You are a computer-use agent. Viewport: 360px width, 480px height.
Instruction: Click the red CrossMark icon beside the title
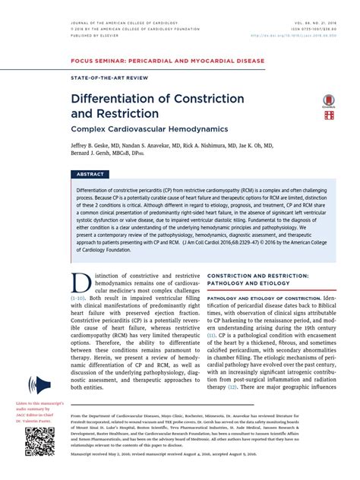click(x=329, y=100)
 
